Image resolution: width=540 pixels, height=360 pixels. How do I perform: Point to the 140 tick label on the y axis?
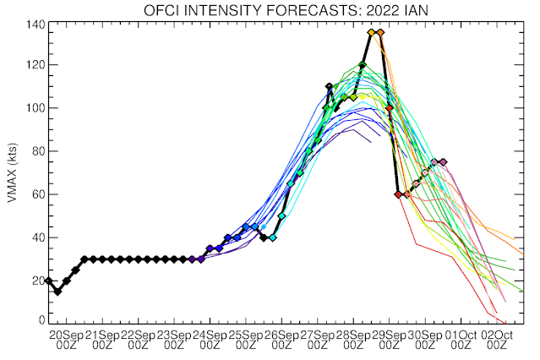click(x=35, y=22)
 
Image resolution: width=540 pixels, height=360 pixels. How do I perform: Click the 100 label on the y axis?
click(x=35, y=108)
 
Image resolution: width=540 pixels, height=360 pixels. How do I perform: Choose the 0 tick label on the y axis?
click(x=41, y=320)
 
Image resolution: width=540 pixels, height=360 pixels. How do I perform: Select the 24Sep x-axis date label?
click(x=213, y=335)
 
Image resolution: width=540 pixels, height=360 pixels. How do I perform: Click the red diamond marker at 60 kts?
click(x=398, y=194)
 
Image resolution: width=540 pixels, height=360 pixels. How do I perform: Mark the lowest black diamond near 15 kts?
click(x=57, y=292)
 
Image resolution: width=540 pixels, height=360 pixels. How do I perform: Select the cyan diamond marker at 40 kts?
click(x=272, y=238)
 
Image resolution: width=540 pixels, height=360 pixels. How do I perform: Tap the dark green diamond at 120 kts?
click(x=363, y=65)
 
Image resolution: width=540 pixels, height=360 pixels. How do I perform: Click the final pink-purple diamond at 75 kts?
click(x=444, y=162)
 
